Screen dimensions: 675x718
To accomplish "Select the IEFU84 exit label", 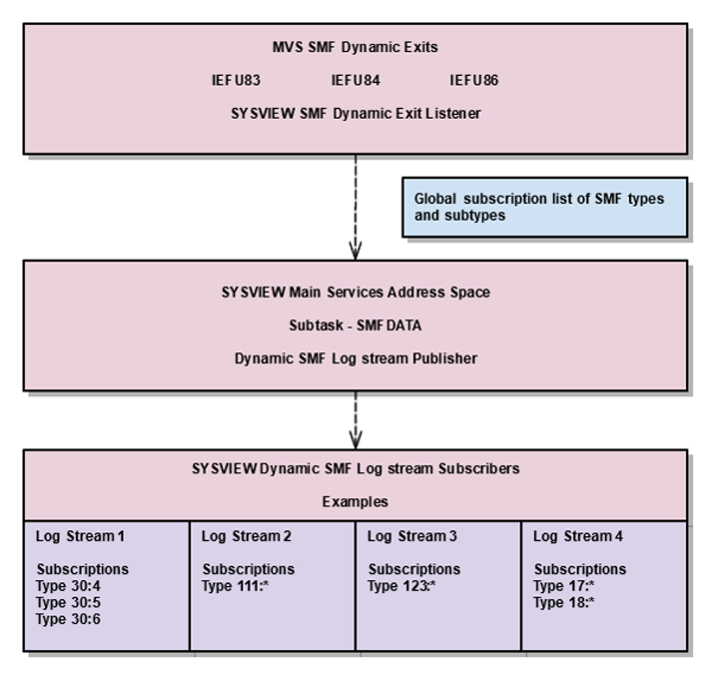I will point(356,81).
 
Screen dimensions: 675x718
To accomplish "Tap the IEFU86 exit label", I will point(474,81).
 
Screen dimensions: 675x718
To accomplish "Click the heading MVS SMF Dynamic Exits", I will point(356,48).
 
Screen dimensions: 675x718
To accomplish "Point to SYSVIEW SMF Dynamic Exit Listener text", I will point(356,114).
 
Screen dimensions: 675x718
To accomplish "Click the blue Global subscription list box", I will point(544,206).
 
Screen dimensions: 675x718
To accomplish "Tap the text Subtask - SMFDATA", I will point(355,325).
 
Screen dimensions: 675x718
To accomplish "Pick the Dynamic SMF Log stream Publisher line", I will point(355,358).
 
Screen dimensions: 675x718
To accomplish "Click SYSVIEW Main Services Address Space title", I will point(355,292).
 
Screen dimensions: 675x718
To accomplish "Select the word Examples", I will point(355,502).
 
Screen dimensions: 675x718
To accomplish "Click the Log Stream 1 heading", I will point(80,536).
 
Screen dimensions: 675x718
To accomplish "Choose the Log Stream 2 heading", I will point(246,536).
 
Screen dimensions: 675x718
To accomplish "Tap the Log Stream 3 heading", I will point(412,536).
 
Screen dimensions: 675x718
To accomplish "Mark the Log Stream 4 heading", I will point(578,536).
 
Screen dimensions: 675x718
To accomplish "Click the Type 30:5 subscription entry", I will point(68,603).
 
